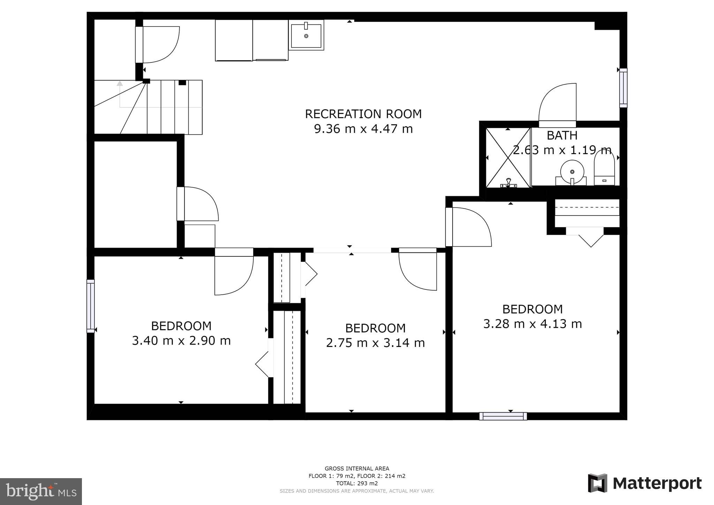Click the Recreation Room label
[363, 114]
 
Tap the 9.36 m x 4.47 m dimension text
[363, 129]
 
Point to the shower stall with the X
[508, 158]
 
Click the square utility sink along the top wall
[306, 35]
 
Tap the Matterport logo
[645, 483]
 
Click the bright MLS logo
[41, 492]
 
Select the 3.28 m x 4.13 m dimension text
[532, 324]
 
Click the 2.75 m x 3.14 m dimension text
[375, 343]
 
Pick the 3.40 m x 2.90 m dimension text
[181, 341]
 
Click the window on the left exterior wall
[91, 306]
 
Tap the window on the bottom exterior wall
[503, 416]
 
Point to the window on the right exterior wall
[623, 88]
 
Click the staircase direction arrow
[120, 84]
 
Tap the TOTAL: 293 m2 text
[357, 483]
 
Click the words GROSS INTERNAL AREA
[357, 468]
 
